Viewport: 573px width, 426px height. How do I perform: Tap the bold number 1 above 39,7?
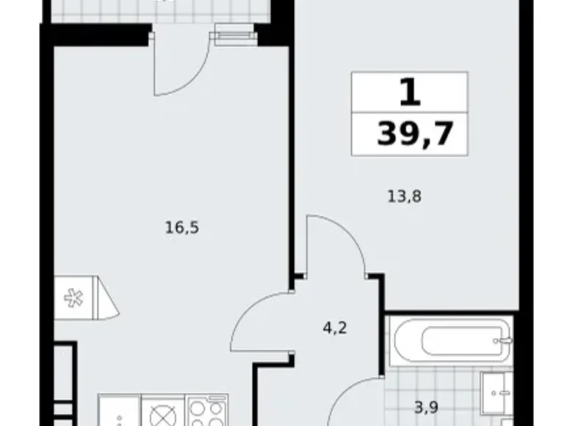pyautogui.click(x=411, y=94)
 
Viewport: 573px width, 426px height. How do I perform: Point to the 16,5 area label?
pyautogui.click(x=181, y=227)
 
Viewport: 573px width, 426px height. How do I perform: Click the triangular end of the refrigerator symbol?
pyautogui.click(x=109, y=298)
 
